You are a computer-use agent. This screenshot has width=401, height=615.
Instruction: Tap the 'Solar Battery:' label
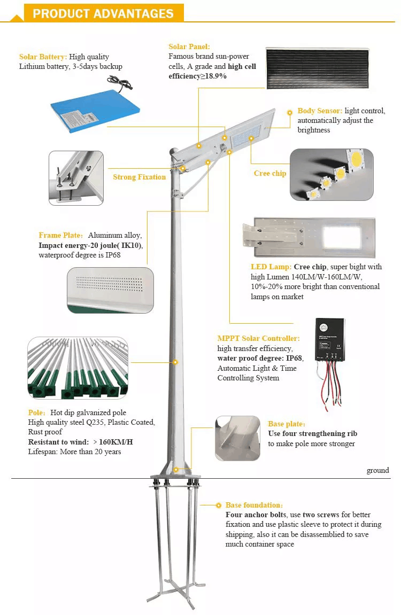43,57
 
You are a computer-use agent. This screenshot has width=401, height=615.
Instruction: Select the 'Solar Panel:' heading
189,46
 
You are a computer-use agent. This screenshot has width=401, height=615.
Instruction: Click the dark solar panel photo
318,69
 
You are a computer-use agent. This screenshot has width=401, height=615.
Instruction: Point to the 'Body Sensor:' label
320,111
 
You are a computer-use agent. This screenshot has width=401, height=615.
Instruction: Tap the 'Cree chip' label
270,173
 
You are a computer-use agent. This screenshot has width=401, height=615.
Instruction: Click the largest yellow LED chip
356,159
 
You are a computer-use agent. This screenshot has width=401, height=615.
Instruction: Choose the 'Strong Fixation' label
140,177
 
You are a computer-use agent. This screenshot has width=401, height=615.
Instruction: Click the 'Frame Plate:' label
61,235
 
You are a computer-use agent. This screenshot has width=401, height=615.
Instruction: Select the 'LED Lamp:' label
271,267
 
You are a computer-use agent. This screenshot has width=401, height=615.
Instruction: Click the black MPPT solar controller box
330,339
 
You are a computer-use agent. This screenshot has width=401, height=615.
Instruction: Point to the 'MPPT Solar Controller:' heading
259,338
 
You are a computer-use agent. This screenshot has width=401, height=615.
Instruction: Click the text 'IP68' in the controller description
294,358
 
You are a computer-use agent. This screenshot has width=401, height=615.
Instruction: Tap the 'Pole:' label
36,412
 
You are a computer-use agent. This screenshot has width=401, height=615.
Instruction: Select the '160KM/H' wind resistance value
115,442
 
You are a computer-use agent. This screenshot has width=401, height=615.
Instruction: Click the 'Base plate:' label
287,424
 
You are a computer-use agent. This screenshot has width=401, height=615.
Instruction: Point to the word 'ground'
378,470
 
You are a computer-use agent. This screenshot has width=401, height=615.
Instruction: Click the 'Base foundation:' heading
254,505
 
